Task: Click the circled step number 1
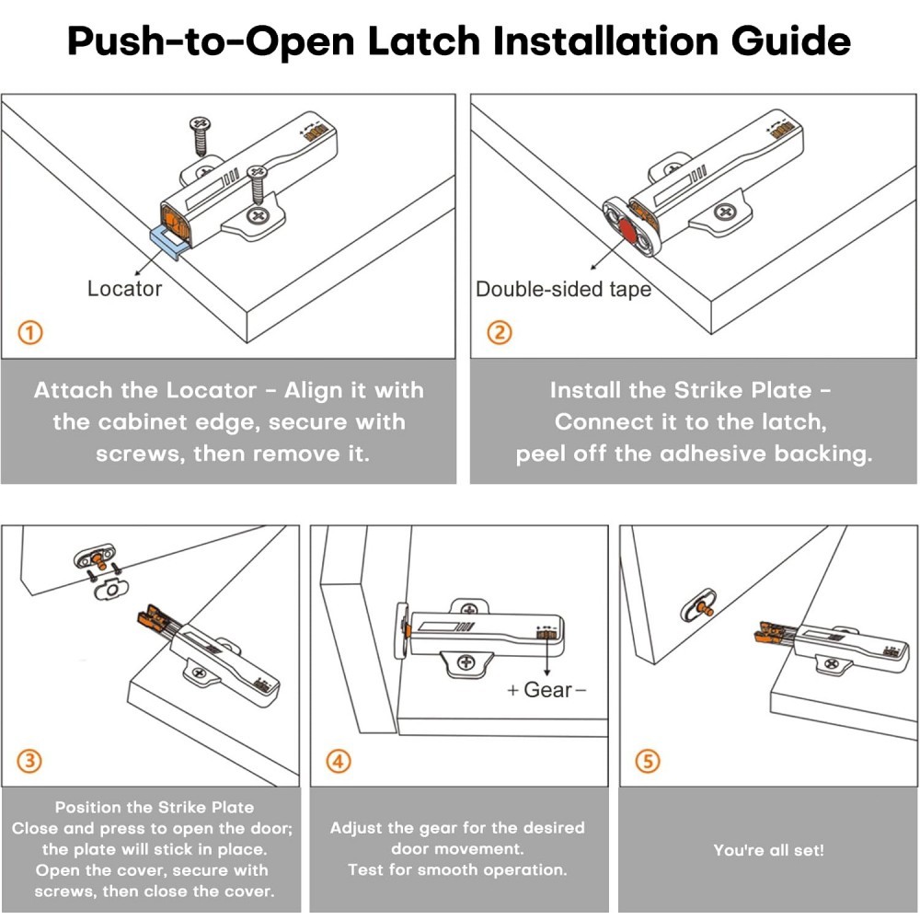coord(30,333)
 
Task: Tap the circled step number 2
coord(500,333)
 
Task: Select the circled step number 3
coord(29,761)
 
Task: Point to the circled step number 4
coord(339,761)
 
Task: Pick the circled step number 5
coord(648,761)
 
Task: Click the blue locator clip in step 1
coord(169,242)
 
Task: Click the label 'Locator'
coord(124,289)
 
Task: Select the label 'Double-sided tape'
coord(563,289)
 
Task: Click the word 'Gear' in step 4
coord(547,690)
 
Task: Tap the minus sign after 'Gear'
coord(581,690)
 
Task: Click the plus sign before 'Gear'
coord(512,690)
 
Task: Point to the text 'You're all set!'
coord(768,850)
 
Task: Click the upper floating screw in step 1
coord(200,136)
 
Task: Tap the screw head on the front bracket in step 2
coord(726,211)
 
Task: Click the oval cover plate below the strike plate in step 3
coord(111,589)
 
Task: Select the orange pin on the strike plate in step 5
coord(706,609)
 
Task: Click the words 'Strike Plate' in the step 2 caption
coord(742,390)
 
